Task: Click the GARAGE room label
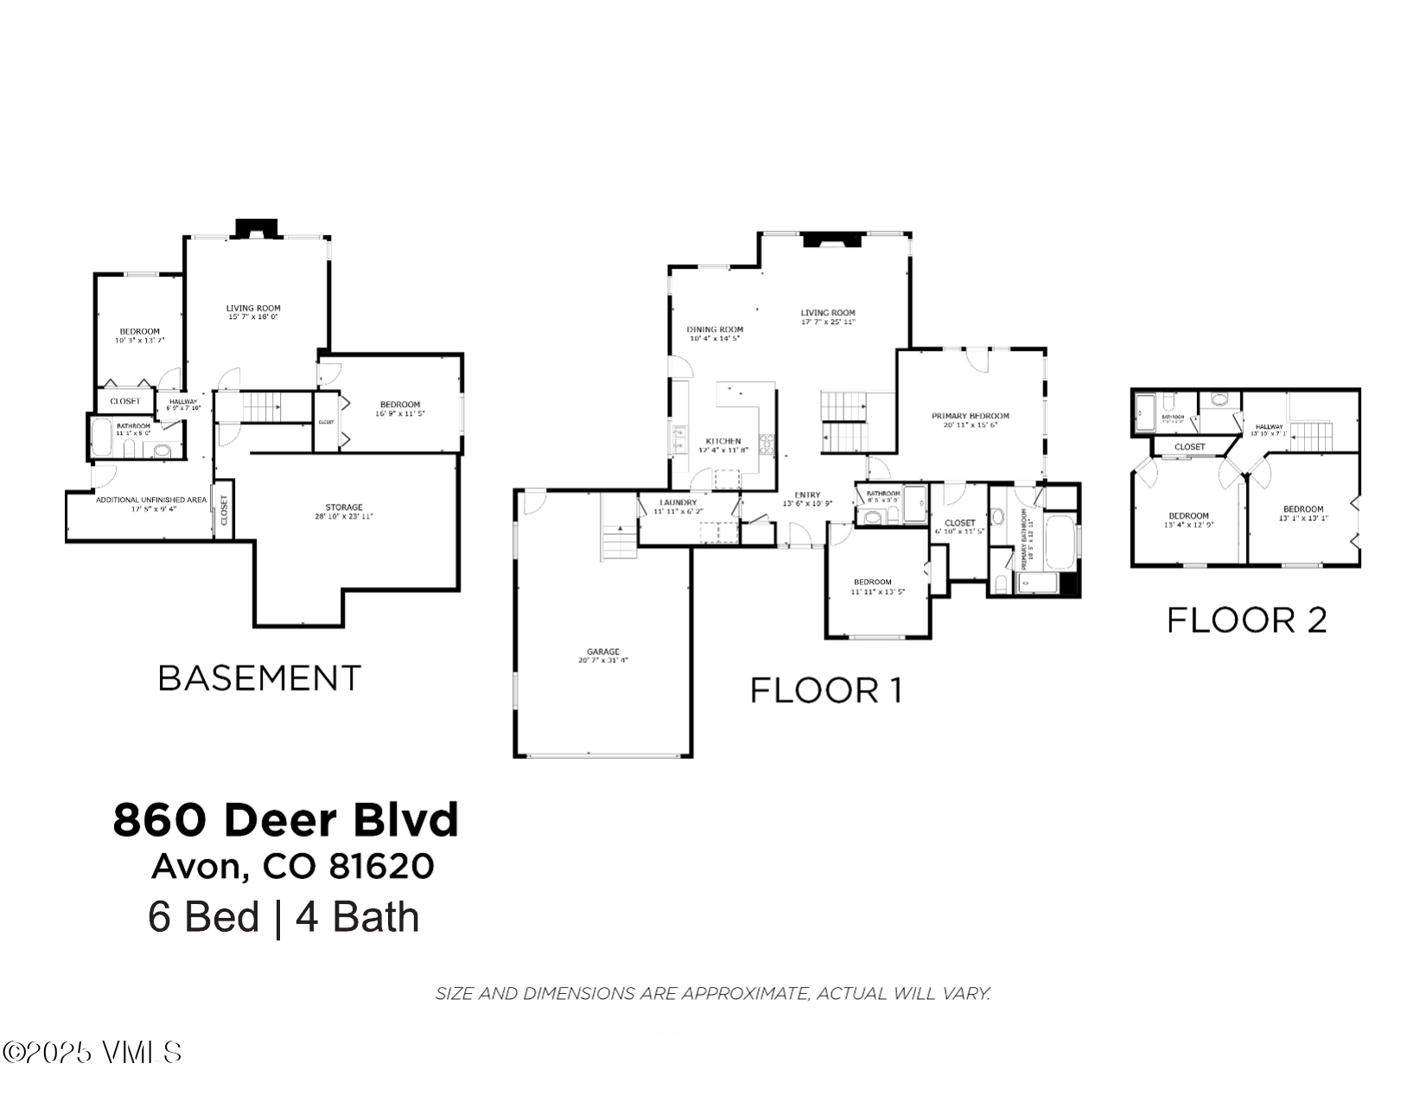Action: coord(602,652)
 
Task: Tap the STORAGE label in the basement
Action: coord(343,507)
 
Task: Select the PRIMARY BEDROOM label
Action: coord(970,416)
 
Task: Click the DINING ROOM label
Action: coord(715,329)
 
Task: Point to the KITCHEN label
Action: coord(723,441)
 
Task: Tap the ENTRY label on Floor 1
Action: coord(807,495)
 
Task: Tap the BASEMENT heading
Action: coord(259,678)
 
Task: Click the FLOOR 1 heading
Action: coord(825,691)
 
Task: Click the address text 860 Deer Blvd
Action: coord(285,820)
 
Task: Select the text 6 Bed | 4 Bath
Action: coord(283,917)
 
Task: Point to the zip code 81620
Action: coord(381,866)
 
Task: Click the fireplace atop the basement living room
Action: coord(256,228)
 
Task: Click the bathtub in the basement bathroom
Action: coord(101,438)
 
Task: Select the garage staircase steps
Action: coord(619,542)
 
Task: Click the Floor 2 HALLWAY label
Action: coord(1269,426)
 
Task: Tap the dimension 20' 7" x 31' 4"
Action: coord(602,660)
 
